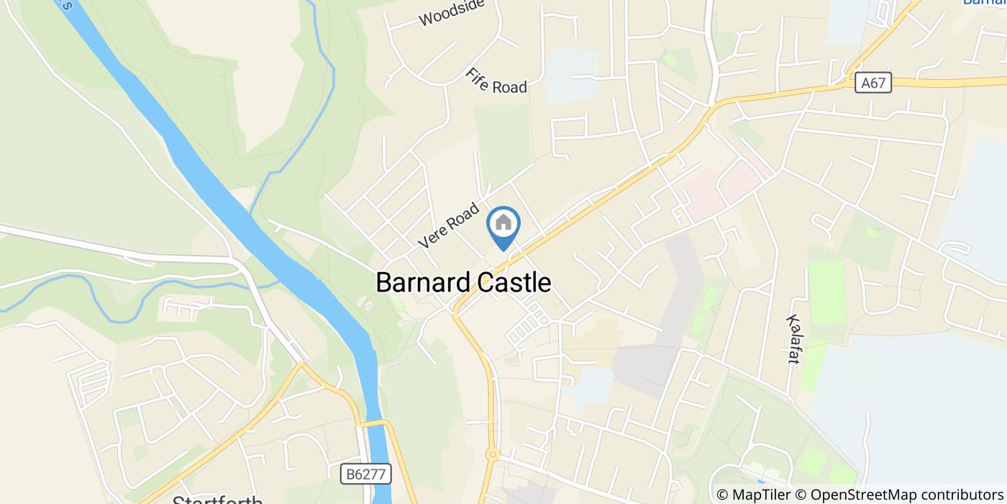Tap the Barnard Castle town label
[463, 283]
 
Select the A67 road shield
[873, 84]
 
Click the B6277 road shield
[365, 474]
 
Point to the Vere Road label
[449, 226]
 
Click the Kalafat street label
[793, 338]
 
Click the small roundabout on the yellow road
[493, 454]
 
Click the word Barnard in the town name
[422, 283]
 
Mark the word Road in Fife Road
[510, 87]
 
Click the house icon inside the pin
[503, 222]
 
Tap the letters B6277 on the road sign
[365, 474]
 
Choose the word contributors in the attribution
[953, 495]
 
